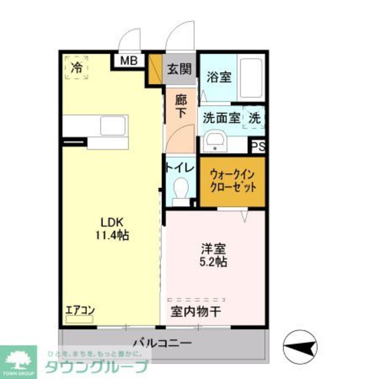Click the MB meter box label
pos(129,61)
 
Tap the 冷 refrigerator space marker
pos(76,67)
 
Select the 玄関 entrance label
pos(179,69)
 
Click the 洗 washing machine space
pos(255,118)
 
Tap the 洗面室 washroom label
pos(221,118)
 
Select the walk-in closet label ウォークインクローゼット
pos(233,181)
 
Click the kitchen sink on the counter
pos(113,126)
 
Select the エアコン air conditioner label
pos(80,310)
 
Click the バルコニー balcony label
pos(162,343)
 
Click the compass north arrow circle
pos(300,346)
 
